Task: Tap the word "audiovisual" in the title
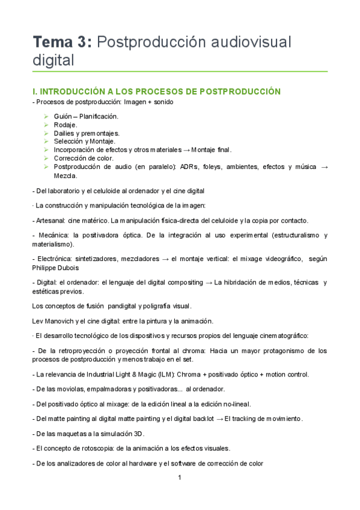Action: pyautogui.click(x=249, y=42)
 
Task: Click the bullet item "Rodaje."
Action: pyautogui.click(x=66, y=124)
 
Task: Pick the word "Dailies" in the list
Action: pyautogui.click(x=66, y=133)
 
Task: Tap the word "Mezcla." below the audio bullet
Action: pyautogui.click(x=66, y=176)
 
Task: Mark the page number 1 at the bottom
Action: pyautogui.click(x=180, y=478)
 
